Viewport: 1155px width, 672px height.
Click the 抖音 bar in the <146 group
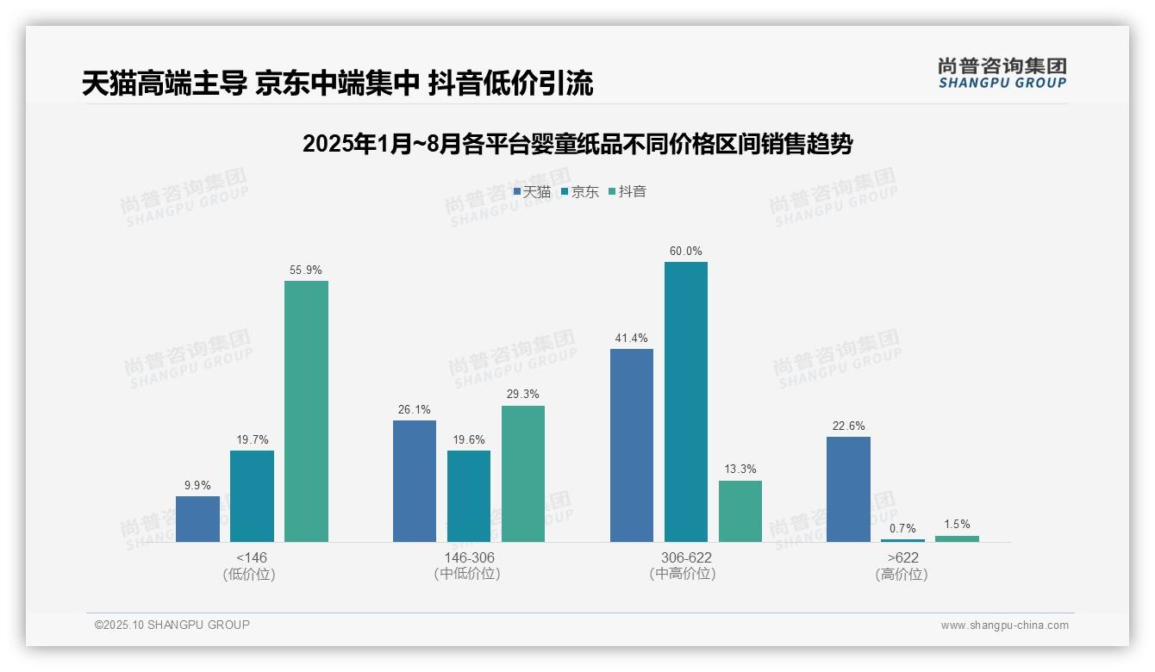click(306, 411)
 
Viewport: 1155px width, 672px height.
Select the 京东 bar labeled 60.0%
click(686, 401)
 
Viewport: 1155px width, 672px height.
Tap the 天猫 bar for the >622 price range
click(848, 488)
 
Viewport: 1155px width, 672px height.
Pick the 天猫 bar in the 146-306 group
click(415, 481)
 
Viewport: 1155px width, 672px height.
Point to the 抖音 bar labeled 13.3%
click(740, 511)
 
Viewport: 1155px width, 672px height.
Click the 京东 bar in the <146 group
click(252, 495)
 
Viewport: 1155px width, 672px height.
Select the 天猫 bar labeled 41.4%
click(632, 445)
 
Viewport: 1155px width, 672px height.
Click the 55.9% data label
click(306, 270)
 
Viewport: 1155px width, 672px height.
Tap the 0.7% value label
click(902, 528)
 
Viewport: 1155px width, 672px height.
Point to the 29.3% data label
click(523, 395)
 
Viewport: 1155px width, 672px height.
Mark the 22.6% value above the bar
click(848, 426)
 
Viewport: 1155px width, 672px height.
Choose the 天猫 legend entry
click(533, 191)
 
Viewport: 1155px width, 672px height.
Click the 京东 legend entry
click(580, 191)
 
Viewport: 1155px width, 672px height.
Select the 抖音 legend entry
click(628, 191)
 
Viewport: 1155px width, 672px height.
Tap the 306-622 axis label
click(686, 557)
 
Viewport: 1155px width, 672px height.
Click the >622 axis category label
click(902, 557)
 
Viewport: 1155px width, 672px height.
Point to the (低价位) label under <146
click(248, 575)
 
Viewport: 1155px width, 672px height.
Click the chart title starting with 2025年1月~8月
click(577, 144)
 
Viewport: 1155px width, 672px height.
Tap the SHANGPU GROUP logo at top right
click(1002, 73)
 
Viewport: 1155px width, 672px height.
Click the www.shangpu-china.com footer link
click(1004, 625)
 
